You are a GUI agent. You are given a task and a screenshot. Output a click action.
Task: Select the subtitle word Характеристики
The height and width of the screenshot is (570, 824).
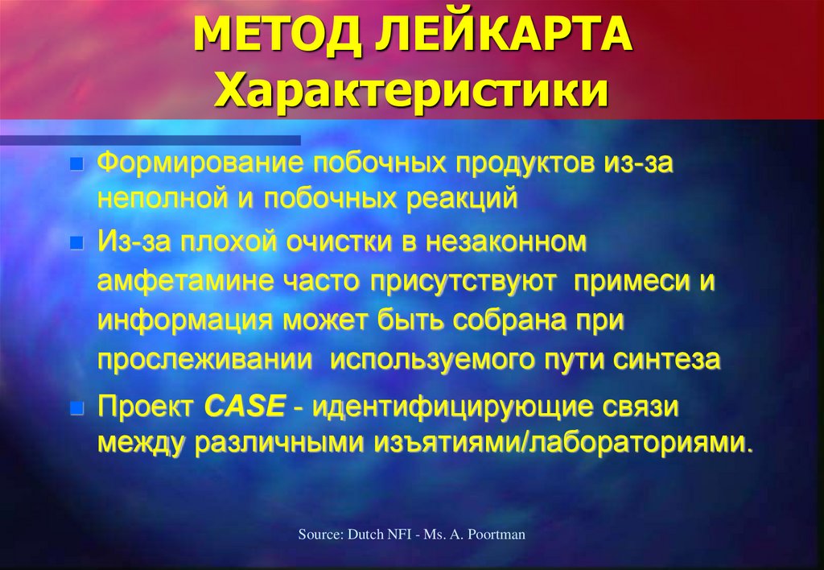coord(411,90)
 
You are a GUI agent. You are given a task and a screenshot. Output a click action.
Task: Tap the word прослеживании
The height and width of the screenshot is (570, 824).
coord(205,359)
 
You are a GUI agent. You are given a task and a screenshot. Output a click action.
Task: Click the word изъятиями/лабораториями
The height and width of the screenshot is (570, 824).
coord(567,443)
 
